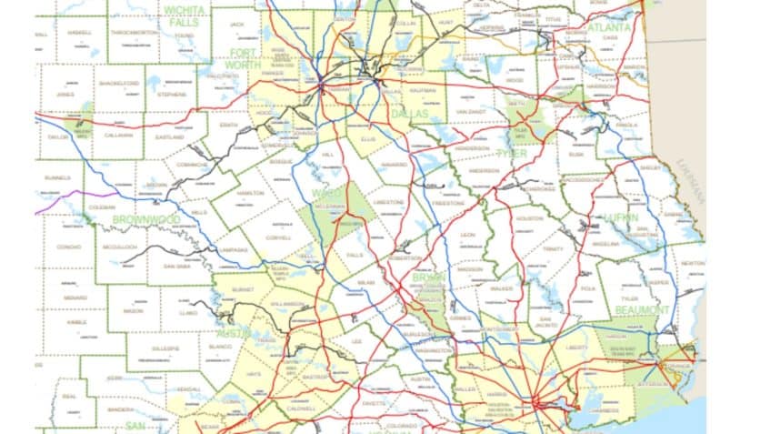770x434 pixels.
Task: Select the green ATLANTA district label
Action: [607, 28]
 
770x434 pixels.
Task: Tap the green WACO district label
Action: [323, 194]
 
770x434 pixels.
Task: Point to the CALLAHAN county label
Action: [117, 135]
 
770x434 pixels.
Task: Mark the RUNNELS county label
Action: [56, 177]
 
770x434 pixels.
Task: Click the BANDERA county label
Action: [119, 409]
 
